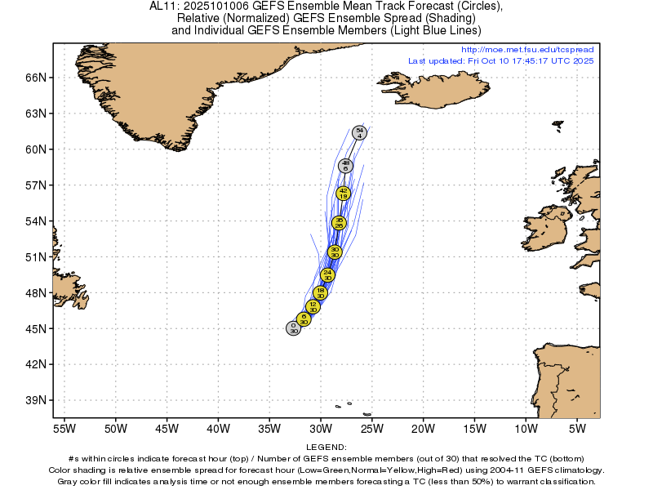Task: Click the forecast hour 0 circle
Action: pos(293,328)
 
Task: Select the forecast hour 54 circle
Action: pos(359,132)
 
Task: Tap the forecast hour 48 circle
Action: pos(346,166)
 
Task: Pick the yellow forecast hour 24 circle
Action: pos(327,275)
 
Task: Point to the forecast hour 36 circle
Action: pos(339,222)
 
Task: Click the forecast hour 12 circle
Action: pos(312,307)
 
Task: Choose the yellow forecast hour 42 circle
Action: pos(344,194)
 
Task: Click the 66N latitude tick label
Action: pos(37,78)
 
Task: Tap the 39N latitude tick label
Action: pos(37,400)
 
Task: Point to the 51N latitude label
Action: pos(37,257)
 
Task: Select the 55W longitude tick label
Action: pos(64,427)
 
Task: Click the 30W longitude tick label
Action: pos(321,427)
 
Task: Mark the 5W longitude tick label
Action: pos(577,427)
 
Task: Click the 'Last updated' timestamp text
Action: pos(501,60)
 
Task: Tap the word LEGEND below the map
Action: pos(326,448)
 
